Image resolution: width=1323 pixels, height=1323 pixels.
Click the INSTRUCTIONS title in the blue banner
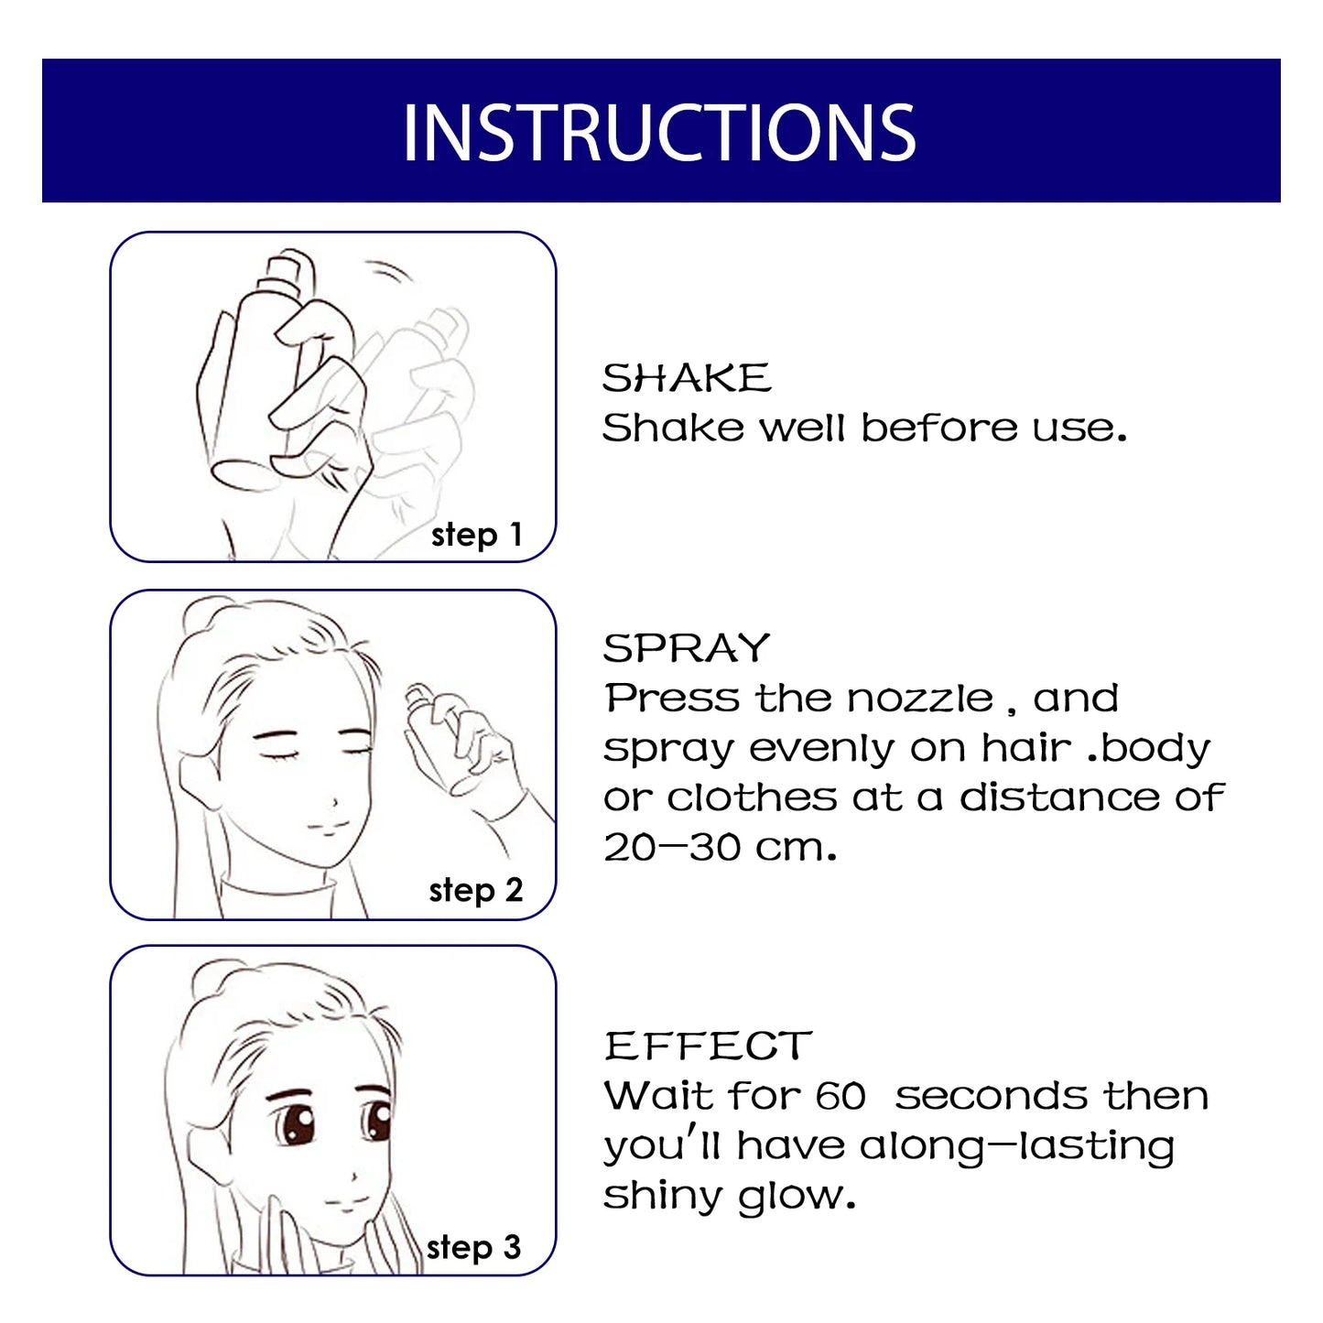click(659, 133)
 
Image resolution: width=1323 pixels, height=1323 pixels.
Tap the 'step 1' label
click(476, 535)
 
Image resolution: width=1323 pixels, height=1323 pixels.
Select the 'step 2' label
click(475, 890)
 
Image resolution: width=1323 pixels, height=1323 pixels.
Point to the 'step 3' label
click(473, 1247)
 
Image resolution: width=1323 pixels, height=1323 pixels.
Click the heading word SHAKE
click(687, 378)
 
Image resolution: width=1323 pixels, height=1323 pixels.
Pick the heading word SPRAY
click(687, 648)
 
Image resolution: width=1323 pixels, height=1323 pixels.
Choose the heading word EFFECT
click(708, 1046)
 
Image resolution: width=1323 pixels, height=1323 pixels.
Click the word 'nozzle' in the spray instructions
click(919, 699)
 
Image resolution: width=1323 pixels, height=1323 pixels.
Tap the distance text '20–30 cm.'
click(720, 847)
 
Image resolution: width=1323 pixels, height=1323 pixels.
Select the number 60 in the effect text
click(840, 1096)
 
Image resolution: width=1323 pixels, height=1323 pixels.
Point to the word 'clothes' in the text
click(752, 797)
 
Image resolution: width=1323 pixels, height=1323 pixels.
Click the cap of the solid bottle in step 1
click(286, 270)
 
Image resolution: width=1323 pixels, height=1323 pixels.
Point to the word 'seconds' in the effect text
click(991, 1096)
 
